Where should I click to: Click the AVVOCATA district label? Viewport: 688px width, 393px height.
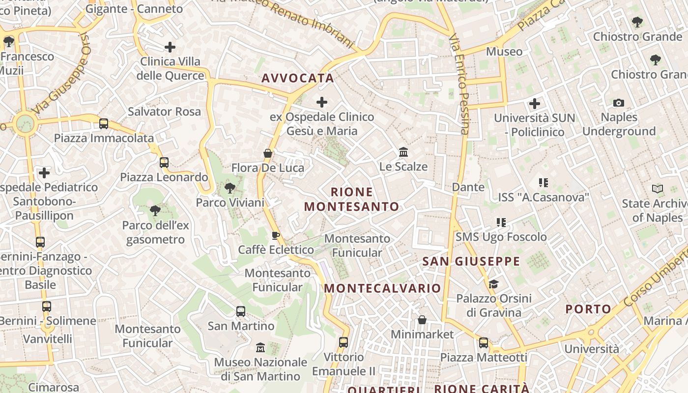[x=298, y=78]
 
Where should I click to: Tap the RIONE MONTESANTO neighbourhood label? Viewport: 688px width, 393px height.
[x=352, y=199]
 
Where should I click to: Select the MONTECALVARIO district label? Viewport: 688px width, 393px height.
[x=383, y=288]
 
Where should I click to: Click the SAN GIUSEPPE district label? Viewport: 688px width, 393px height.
[x=471, y=261]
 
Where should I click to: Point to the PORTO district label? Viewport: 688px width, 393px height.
[x=588, y=309]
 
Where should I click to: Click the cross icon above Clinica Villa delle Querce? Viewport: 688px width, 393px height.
[x=170, y=47]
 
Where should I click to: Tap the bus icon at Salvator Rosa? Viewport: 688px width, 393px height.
[x=104, y=123]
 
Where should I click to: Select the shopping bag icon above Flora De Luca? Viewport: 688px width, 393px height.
[x=268, y=153]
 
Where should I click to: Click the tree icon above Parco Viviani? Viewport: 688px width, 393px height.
[x=229, y=188]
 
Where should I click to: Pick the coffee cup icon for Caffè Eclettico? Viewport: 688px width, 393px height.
[x=276, y=235]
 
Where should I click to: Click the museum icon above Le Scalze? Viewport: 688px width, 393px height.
[x=403, y=152]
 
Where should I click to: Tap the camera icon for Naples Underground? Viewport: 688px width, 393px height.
[x=619, y=103]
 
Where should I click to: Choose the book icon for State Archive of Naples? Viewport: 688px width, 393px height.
[x=657, y=189]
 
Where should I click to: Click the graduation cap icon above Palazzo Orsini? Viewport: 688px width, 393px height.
[x=493, y=284]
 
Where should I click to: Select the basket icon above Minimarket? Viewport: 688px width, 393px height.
[x=422, y=320]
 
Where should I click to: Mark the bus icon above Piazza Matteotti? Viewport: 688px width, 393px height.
[x=484, y=342]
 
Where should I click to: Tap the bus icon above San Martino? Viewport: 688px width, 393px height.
[x=241, y=311]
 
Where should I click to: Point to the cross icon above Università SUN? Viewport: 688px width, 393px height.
[x=535, y=104]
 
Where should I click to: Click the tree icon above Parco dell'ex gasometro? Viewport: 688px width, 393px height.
[x=155, y=211]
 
